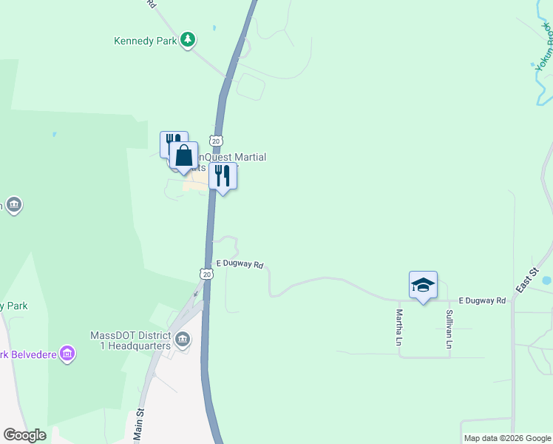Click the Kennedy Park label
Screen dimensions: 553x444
tap(145, 41)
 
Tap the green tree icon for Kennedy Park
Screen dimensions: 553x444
tap(188, 39)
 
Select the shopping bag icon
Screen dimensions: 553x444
tap(183, 156)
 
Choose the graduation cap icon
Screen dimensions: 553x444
tap(423, 286)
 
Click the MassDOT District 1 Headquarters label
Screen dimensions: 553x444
tap(130, 340)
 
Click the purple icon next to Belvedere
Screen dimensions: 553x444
tap(67, 354)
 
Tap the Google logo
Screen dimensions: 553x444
tap(24, 435)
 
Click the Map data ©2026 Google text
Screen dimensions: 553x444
tap(507, 438)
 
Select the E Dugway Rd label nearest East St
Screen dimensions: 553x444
tap(482, 300)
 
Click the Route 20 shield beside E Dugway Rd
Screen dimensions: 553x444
tap(206, 274)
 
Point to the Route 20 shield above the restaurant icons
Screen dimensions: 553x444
tap(215, 140)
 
